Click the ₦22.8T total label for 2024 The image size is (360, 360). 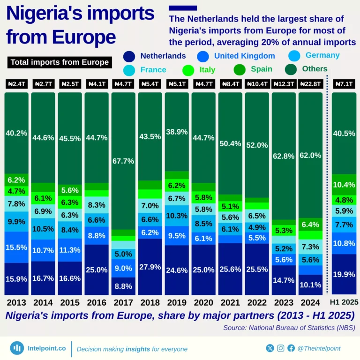[310, 84]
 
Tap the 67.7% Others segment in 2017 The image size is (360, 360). [123, 161]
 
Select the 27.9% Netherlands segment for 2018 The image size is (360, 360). [150, 267]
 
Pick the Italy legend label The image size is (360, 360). [207, 70]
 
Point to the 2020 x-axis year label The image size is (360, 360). [203, 302]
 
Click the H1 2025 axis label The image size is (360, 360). [344, 302]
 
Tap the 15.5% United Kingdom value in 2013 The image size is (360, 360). [16, 247]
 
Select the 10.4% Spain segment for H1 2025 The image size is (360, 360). [344, 185]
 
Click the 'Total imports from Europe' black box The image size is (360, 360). [60, 62]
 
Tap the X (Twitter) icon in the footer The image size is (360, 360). [270, 348]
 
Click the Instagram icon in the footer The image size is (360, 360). [281, 348]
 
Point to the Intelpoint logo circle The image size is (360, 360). [17, 348]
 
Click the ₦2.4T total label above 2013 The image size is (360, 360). [16, 84]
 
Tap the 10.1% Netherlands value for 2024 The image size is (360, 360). [310, 285]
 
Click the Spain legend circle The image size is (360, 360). [240, 69]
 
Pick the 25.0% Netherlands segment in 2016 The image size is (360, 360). [97, 270]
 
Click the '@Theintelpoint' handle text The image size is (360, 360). [319, 348]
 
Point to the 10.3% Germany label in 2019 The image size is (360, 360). [177, 216]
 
